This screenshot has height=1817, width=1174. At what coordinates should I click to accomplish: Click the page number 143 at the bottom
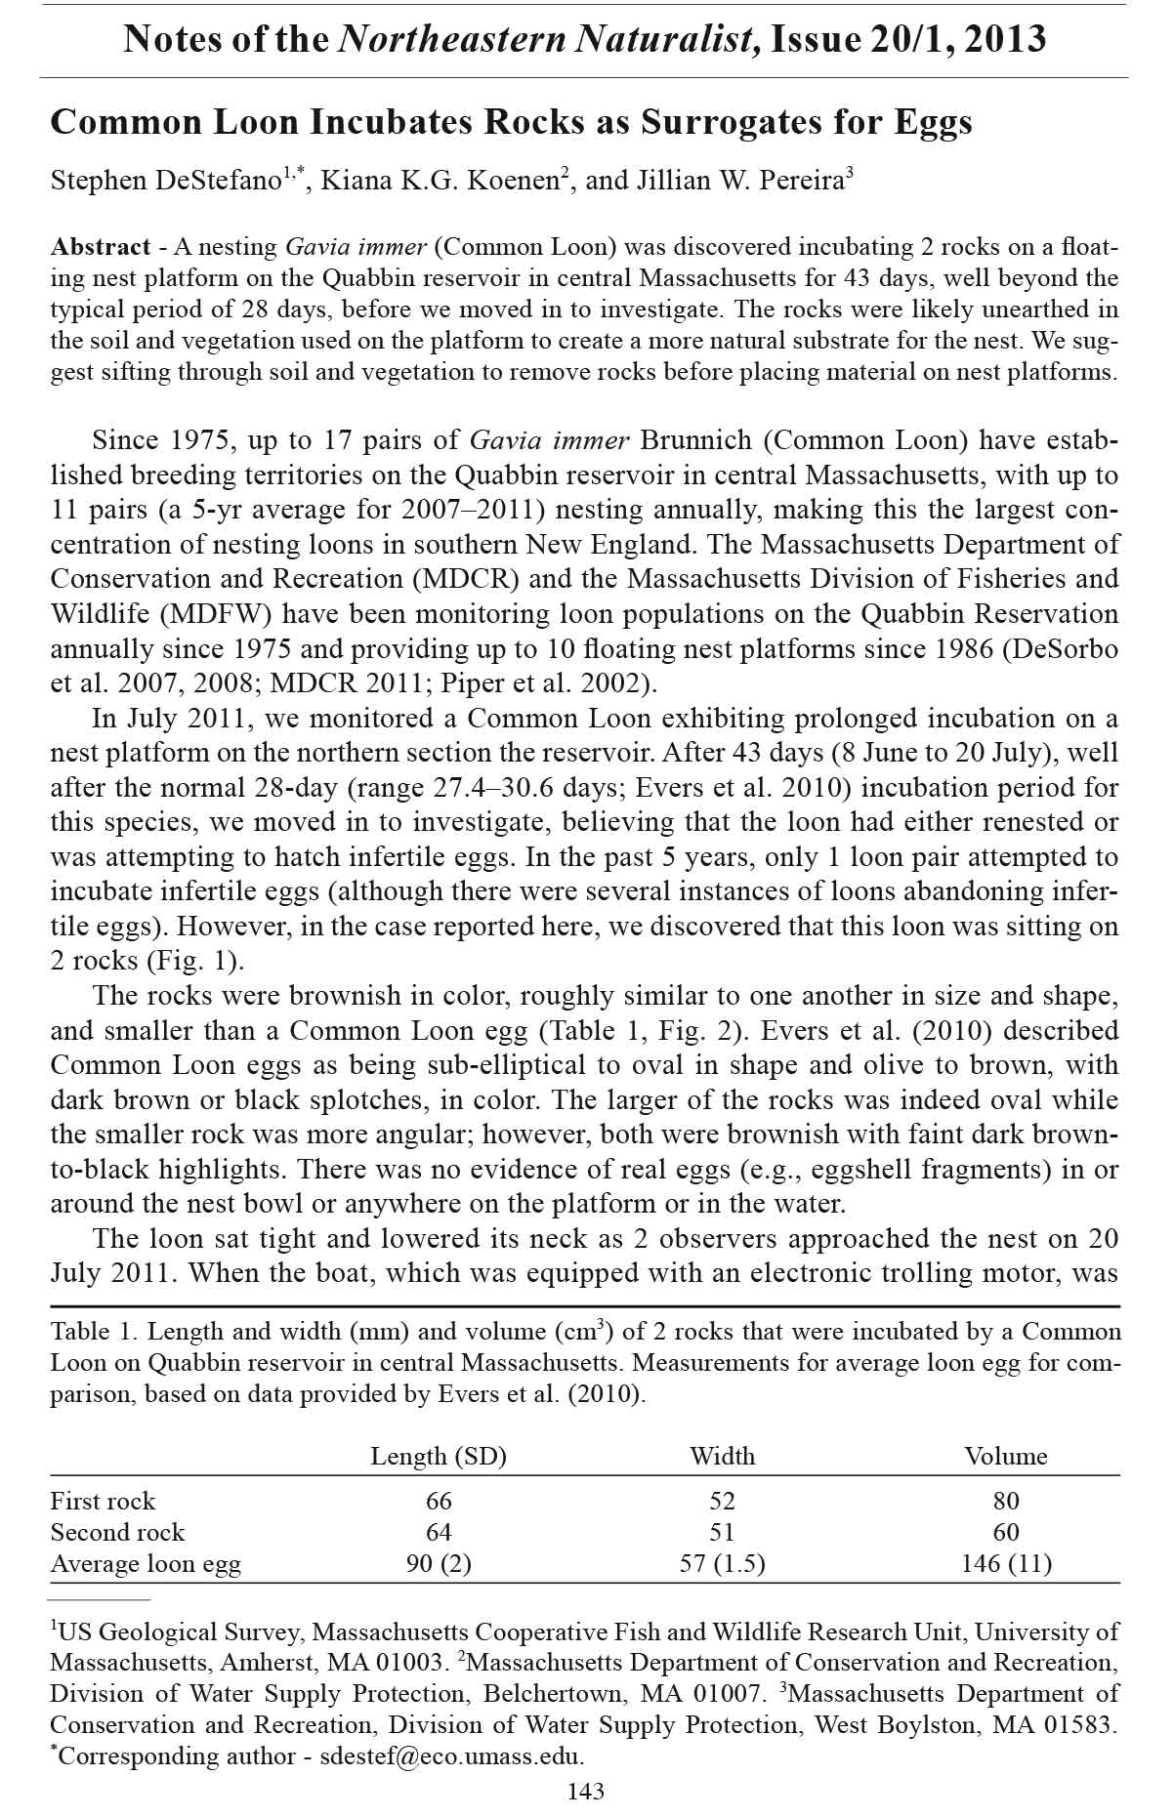click(586, 1791)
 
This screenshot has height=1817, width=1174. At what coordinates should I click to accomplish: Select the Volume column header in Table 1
click(1006, 1457)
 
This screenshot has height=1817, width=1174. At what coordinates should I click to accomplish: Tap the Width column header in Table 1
click(722, 1457)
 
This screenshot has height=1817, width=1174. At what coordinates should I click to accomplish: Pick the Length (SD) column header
click(439, 1457)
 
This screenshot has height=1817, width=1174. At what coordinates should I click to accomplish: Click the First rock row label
click(103, 1501)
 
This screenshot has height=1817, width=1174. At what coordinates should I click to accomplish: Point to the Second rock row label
click(117, 1532)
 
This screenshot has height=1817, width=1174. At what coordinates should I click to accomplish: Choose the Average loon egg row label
click(146, 1564)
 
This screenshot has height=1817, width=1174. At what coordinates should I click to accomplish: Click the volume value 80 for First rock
click(1006, 1501)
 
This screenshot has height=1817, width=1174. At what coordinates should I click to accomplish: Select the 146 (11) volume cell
click(1006, 1564)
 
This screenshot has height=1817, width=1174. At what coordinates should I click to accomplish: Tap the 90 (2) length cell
click(439, 1564)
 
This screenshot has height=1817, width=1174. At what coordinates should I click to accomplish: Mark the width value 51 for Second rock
click(722, 1532)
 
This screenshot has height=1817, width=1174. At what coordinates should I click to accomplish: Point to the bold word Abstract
click(101, 247)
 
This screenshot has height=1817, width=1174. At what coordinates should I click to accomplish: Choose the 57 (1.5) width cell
click(722, 1564)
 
